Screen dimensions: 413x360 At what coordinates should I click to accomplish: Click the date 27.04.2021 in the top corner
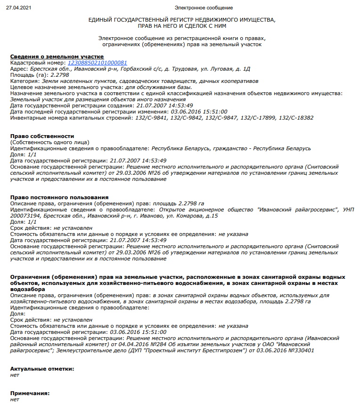click(16, 8)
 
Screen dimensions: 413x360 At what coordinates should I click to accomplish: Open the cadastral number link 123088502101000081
click(98, 63)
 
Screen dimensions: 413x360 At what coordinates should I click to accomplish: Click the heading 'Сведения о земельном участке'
click(57, 57)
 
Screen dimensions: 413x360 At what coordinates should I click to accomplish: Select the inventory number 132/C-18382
click(296, 118)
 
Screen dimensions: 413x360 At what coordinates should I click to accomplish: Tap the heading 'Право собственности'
click(42, 136)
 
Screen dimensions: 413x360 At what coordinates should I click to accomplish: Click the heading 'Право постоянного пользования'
click(59, 197)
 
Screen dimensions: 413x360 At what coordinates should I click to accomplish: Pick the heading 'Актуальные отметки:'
click(42, 368)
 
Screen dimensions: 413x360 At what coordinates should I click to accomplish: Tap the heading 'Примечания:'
click(30, 393)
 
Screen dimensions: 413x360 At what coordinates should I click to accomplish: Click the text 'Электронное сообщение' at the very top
click(203, 8)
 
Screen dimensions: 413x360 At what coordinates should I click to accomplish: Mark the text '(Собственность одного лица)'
click(49, 142)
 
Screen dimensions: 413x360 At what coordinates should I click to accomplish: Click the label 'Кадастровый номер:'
click(38, 63)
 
